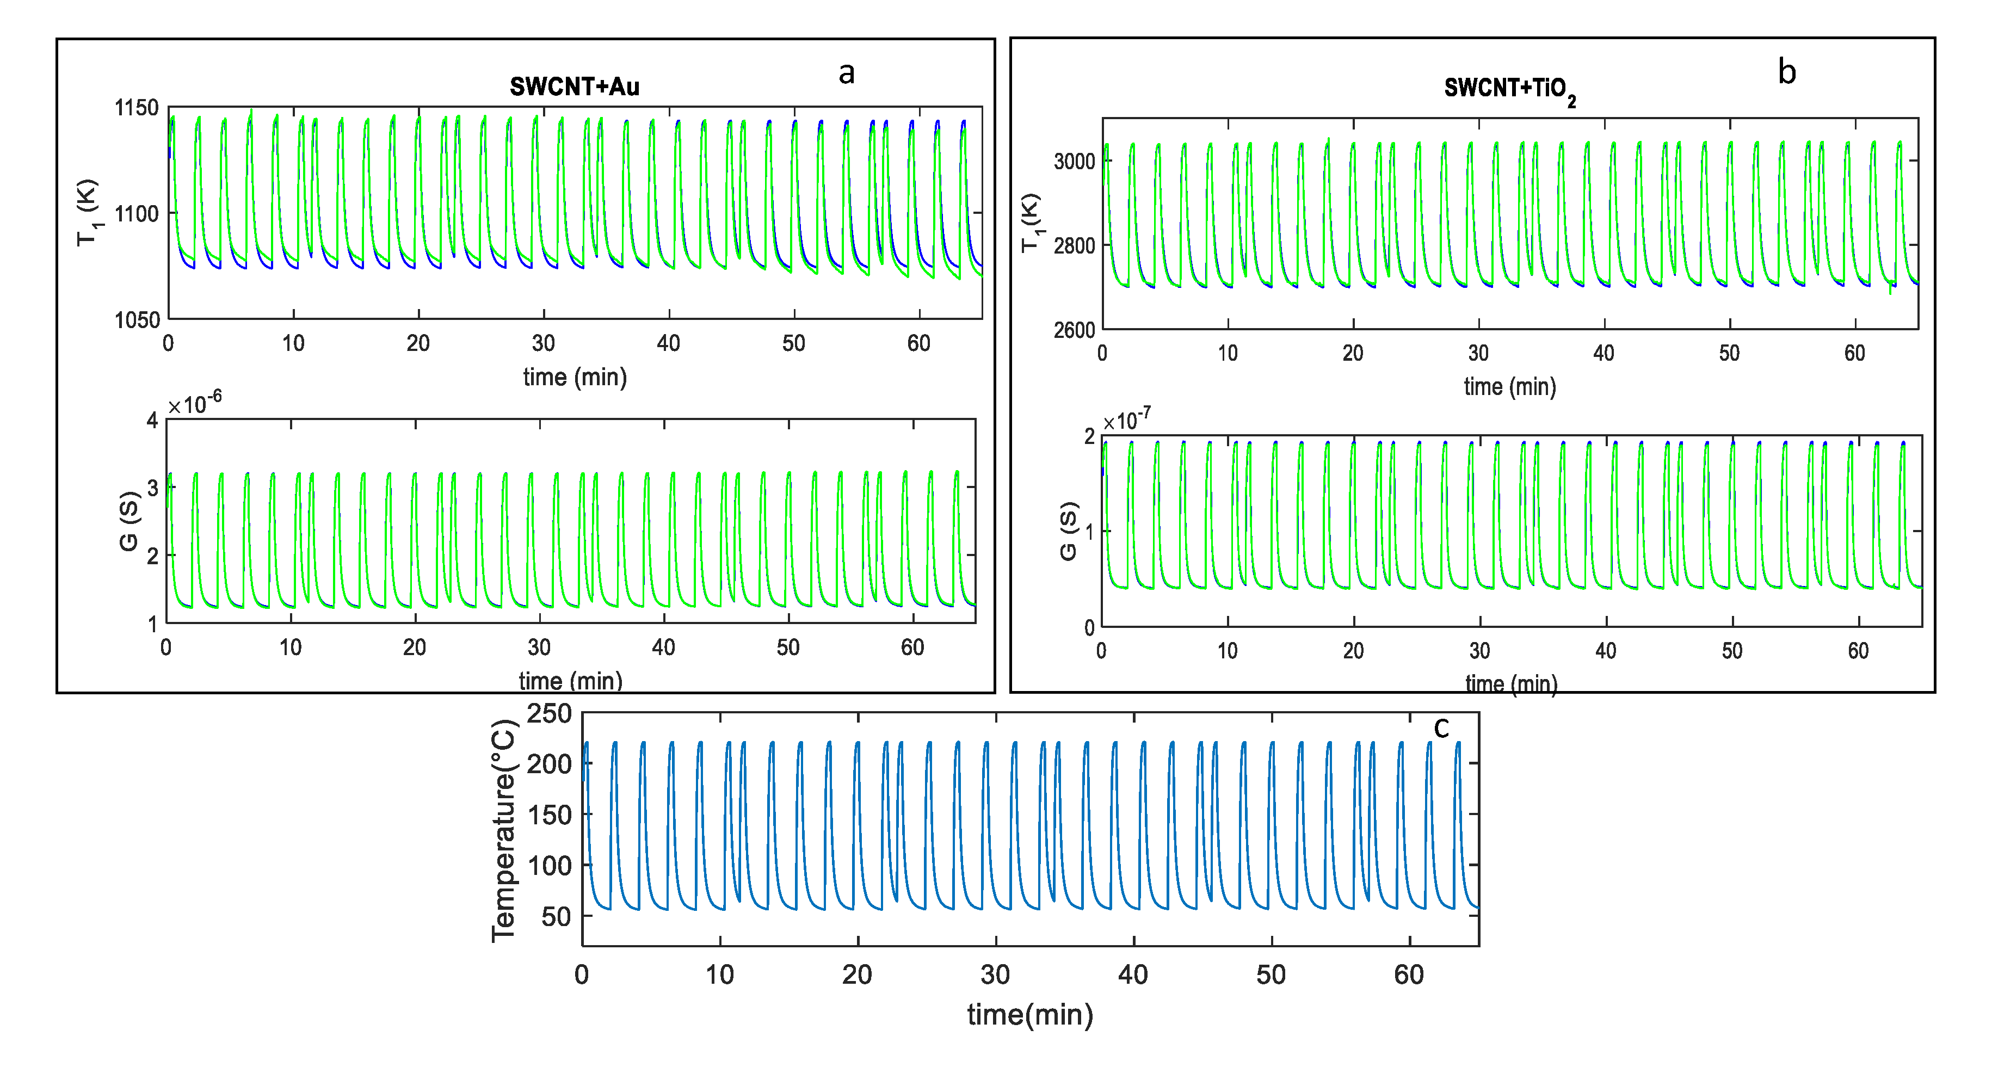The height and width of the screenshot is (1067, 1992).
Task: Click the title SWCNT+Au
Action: (574, 87)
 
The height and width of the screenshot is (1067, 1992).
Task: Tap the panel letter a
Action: (847, 73)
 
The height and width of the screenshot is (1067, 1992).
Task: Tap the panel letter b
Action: (1786, 72)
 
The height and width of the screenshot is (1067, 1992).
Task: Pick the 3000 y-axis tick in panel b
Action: (1074, 162)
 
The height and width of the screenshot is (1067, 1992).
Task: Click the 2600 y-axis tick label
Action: (1074, 330)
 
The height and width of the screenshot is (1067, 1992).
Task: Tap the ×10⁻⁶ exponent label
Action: (195, 403)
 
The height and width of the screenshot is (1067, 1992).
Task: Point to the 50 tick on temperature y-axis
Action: (556, 917)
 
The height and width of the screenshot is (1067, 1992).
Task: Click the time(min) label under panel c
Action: (1030, 1014)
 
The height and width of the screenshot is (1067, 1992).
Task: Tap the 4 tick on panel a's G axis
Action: (152, 421)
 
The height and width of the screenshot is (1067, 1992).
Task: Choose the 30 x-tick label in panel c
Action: (995, 974)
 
